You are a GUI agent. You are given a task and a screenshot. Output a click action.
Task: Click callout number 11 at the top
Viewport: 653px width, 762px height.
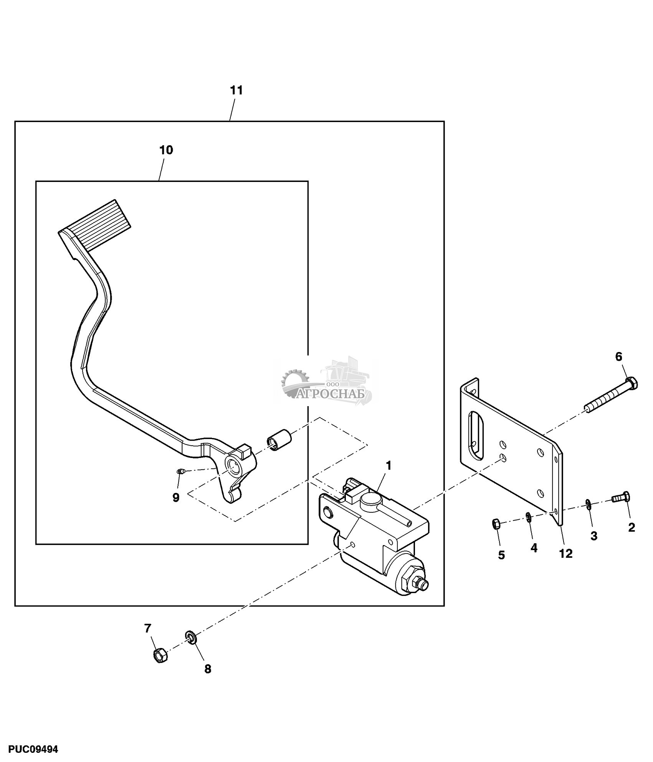[x=236, y=91]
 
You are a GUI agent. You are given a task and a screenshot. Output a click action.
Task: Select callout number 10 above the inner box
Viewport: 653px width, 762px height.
[x=166, y=150]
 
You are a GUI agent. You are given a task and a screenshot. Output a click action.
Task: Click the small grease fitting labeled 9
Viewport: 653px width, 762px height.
[x=180, y=471]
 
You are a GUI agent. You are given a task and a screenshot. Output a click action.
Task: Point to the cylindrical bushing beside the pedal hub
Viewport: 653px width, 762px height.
[x=279, y=440]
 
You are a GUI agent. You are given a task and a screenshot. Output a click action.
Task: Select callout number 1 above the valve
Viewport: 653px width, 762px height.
[x=388, y=466]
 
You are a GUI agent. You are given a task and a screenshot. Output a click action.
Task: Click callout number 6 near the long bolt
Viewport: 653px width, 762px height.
[x=618, y=357]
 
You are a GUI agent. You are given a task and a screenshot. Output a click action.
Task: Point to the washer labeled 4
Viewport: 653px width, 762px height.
[x=528, y=517]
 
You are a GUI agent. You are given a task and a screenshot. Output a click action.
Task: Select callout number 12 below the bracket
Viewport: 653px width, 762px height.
[x=566, y=553]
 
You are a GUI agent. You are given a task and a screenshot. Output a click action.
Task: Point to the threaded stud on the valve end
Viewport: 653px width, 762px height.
[x=422, y=585]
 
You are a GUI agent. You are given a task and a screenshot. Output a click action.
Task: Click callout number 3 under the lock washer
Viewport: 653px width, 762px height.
[x=593, y=536]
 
